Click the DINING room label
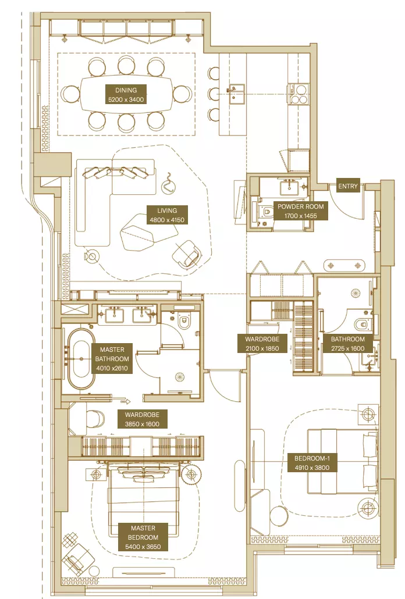[x=126, y=95]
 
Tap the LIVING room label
[x=167, y=215]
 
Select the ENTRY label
[x=348, y=186]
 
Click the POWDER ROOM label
[x=300, y=211]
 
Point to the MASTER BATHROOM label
[x=112, y=359]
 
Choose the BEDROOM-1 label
[x=312, y=462]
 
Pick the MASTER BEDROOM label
[x=143, y=537]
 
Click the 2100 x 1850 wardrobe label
[x=262, y=344]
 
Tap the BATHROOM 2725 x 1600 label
[x=348, y=344]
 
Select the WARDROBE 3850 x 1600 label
[x=142, y=419]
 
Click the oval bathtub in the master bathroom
[x=81, y=359]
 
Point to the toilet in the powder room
[x=267, y=210]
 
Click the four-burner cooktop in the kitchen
[x=298, y=94]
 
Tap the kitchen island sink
[x=236, y=94]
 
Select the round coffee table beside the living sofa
[x=92, y=255]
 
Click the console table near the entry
[x=345, y=265]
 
